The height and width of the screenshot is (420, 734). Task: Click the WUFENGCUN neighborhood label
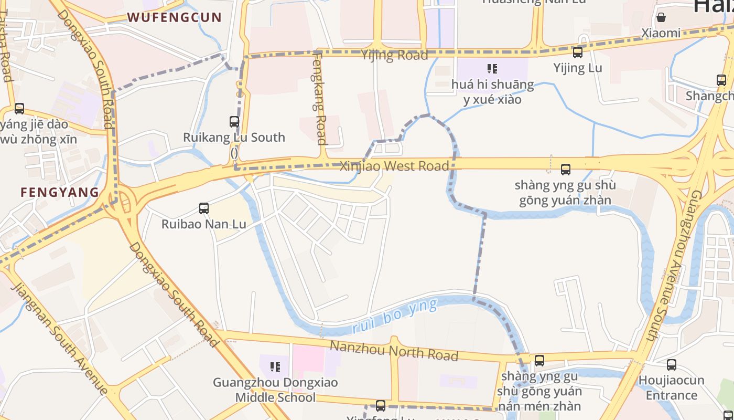[175, 17]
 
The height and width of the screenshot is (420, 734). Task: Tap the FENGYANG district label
[60, 192]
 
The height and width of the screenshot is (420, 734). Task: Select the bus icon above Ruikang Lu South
[234, 122]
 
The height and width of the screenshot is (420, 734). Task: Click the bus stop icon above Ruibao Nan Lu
[204, 208]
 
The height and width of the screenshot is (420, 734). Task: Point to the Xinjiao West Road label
[394, 166]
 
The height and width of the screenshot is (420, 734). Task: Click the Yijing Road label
[394, 55]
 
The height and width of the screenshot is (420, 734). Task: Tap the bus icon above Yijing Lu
[577, 52]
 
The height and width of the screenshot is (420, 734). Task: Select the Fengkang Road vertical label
[319, 98]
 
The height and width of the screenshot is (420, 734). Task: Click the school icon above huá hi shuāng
[492, 69]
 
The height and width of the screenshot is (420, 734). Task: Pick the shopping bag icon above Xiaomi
[661, 17]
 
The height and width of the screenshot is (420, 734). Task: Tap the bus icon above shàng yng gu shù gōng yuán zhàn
[565, 170]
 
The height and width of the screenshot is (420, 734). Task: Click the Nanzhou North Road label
[394, 350]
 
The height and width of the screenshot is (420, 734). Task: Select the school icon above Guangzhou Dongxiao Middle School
[275, 366]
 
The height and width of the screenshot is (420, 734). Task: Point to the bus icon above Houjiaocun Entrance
[671, 365]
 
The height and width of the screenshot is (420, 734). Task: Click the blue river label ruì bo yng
[394, 317]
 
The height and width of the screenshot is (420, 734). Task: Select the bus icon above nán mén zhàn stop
[539, 361]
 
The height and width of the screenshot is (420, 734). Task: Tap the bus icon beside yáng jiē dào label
[19, 109]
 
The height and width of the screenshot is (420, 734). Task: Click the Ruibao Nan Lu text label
[203, 224]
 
